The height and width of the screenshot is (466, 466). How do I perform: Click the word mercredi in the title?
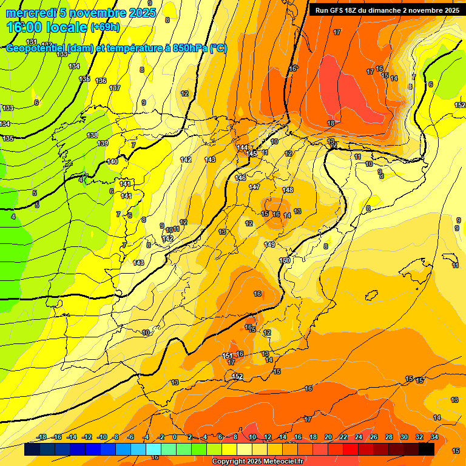pyautogui.click(x=31, y=13)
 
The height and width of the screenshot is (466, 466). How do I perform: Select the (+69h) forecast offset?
pyautogui.click(x=105, y=27)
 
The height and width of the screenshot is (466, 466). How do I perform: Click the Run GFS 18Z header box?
pyautogui.click(x=387, y=10)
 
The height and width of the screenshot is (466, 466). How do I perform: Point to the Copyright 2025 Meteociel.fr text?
pyautogui.click(x=258, y=462)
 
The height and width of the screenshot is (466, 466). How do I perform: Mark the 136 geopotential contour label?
pyautogui.click(x=101, y=81)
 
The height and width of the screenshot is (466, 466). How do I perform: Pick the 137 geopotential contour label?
pyautogui.click(x=115, y=89)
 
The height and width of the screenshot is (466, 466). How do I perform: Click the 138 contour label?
pyautogui.click(x=92, y=135)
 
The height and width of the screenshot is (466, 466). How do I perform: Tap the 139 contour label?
pyautogui.click(x=103, y=144)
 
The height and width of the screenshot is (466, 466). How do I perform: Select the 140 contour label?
pyautogui.click(x=112, y=162)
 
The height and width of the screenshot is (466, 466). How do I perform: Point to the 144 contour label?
pyautogui.click(x=242, y=148)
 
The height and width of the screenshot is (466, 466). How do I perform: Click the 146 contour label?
pyautogui.click(x=241, y=178)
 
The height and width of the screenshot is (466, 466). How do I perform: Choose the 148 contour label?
pyautogui.click(x=288, y=191)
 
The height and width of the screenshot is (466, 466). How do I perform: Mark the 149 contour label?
pyautogui.click(x=269, y=245)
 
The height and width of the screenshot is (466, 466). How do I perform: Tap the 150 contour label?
pyautogui.click(x=284, y=260)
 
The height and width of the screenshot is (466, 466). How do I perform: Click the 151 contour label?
pyautogui.click(x=228, y=356)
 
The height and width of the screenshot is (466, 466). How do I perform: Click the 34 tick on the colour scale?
pyautogui.click(x=434, y=437)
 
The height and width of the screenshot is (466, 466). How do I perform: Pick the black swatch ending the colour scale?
pyautogui.click(x=426, y=449)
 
